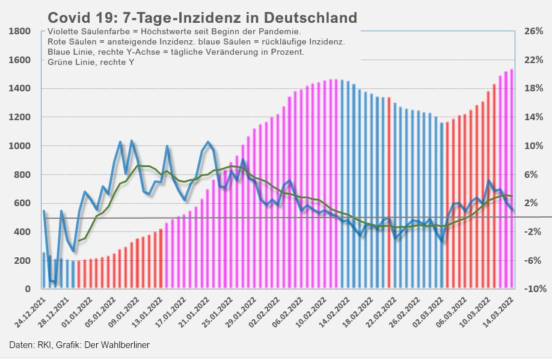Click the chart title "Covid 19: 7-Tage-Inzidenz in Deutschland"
[202, 18]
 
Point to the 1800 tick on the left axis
[19, 31]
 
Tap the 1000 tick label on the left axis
[19, 146]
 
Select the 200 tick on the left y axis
[23, 261]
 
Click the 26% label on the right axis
[533, 31]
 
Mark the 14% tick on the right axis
[533, 117]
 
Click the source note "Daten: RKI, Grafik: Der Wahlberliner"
[79, 345]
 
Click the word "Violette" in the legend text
[63, 31]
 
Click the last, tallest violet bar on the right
[512, 180]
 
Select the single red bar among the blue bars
[389, 192]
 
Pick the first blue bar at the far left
[43, 270]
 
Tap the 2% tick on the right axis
[532, 203]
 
